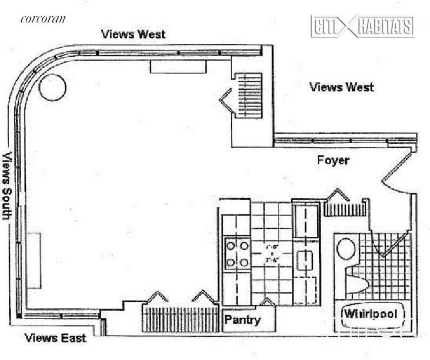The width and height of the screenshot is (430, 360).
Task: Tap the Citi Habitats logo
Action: (362, 26)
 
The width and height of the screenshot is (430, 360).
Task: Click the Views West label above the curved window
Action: (134, 34)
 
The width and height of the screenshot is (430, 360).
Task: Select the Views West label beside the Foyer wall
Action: (341, 87)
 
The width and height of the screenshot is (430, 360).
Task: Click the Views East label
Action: (56, 339)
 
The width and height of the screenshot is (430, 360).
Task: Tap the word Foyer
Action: (333, 160)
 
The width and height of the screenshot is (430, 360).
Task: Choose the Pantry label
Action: (242, 319)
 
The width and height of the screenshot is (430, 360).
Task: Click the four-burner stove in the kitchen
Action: (237, 254)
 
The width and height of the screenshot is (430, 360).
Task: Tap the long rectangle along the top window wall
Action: (178, 67)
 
